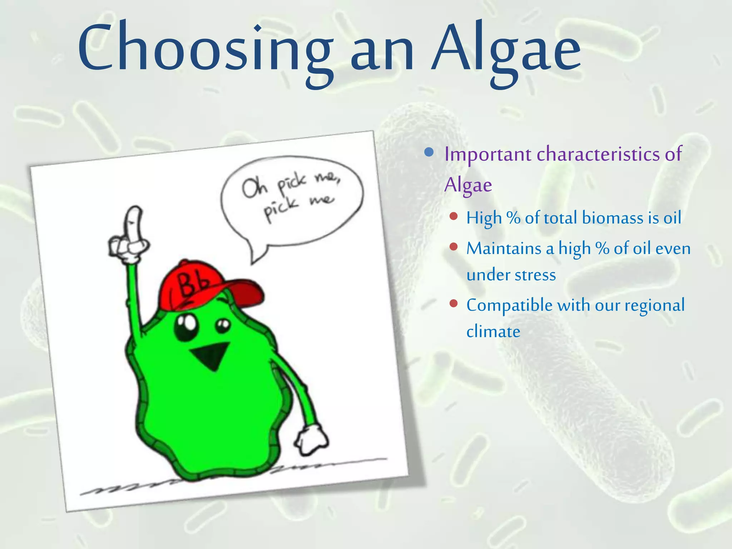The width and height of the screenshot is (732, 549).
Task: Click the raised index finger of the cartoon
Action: pyautogui.click(x=134, y=223)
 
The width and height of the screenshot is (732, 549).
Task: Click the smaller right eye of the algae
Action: pyautogui.click(x=223, y=326)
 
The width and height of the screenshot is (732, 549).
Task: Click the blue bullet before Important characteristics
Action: pyautogui.click(x=429, y=153)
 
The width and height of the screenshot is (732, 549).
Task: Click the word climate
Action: pyautogui.click(x=493, y=332)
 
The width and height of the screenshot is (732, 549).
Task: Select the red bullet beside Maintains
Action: pyautogui.click(x=454, y=247)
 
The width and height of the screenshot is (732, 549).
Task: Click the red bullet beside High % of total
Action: pyautogui.click(x=454, y=216)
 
